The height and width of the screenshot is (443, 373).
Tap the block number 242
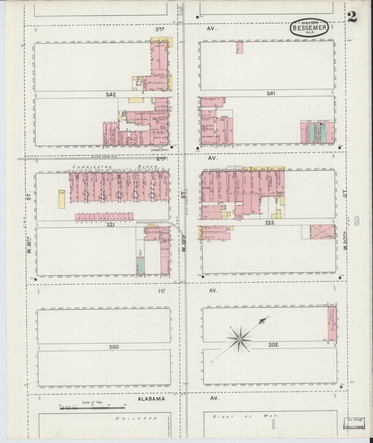[110, 95]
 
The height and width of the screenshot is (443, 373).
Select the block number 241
[271, 94]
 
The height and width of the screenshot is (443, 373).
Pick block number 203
[114, 347]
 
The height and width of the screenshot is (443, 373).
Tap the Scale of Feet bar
[92, 408]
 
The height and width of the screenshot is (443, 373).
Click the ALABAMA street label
[151, 399]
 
